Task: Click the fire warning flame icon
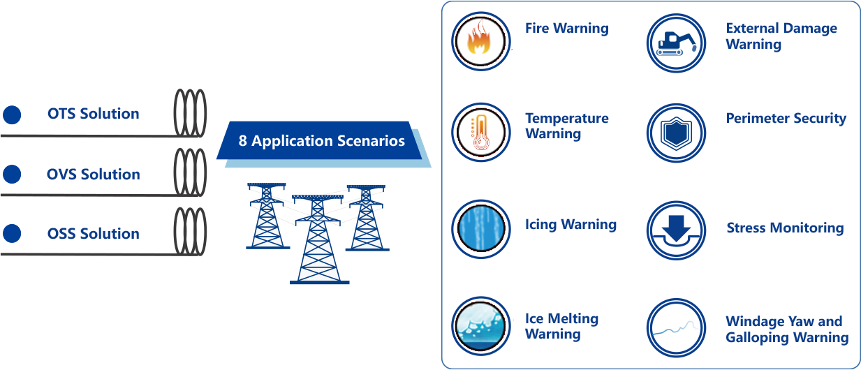(480, 40)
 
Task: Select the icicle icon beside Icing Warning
(480, 228)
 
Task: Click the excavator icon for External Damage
(675, 43)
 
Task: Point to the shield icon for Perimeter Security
(675, 132)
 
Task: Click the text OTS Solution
(93, 114)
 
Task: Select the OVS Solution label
(93, 174)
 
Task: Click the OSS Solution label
(93, 233)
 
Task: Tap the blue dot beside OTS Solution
(12, 114)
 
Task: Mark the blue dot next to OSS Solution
(12, 234)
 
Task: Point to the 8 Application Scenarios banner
(321, 141)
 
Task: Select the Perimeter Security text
(786, 119)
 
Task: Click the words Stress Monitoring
(784, 228)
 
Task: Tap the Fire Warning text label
(566, 29)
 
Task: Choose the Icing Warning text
(571, 225)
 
